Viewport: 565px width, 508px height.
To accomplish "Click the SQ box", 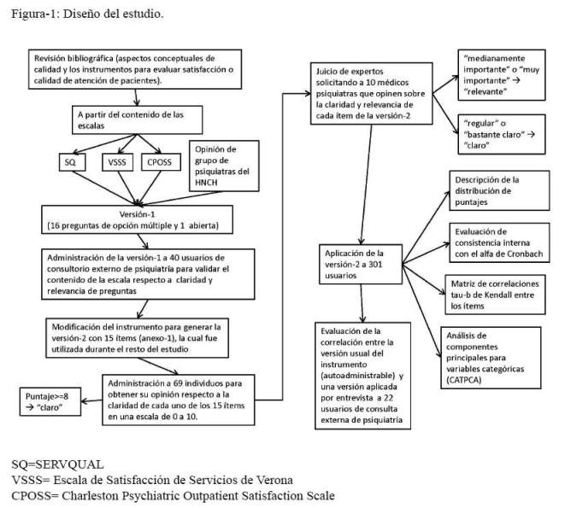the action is click(x=72, y=162).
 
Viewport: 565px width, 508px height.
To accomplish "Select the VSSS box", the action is click(x=117, y=162).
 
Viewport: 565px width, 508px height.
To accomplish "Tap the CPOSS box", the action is click(x=161, y=162).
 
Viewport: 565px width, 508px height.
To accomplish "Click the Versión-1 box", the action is click(x=137, y=219).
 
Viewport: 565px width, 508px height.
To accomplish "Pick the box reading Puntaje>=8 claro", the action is click(x=50, y=401).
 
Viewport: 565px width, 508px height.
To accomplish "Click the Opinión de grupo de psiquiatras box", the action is click(x=224, y=166).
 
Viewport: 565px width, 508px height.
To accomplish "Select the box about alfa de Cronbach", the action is click(x=499, y=242).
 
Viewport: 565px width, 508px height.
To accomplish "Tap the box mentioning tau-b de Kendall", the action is click(x=495, y=295).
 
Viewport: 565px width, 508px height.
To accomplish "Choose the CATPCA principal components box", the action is click(x=491, y=358).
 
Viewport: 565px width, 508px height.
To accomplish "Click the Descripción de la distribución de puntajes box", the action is click(x=499, y=190).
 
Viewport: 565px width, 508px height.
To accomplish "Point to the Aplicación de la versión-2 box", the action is click(x=361, y=265).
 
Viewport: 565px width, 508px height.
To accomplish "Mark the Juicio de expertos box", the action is click(x=372, y=94).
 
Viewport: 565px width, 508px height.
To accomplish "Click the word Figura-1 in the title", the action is click(x=35, y=14).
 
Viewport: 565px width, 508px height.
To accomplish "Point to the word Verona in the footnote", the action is click(x=274, y=480).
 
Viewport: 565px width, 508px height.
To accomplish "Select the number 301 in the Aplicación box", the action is click(x=375, y=265).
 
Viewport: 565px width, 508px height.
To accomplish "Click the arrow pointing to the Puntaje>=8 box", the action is click(x=91, y=400).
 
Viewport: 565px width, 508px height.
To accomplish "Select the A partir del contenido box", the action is click(x=138, y=120).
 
